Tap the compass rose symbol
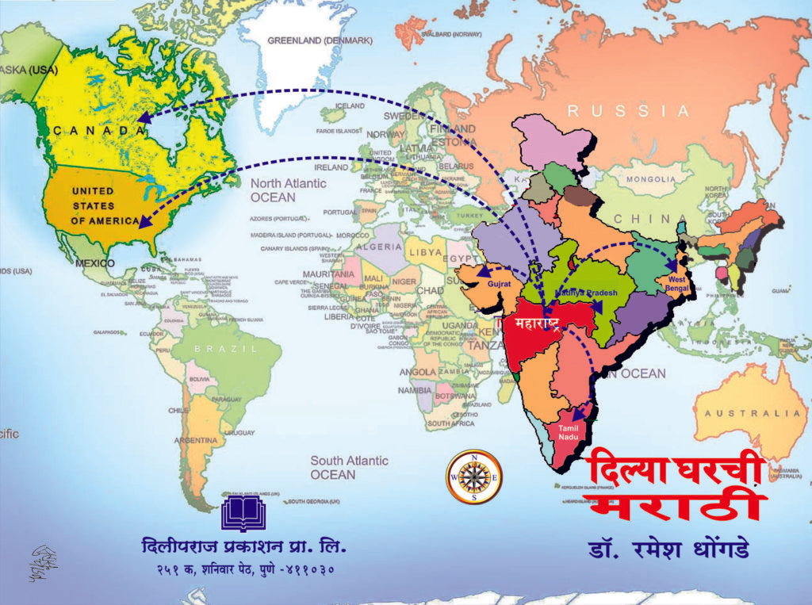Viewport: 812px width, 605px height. [474, 476]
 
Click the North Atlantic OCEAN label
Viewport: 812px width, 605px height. [288, 190]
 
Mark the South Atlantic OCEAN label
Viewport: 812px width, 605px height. [349, 467]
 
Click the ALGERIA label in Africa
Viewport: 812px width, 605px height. [383, 247]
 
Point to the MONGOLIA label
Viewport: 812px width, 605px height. [650, 179]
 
